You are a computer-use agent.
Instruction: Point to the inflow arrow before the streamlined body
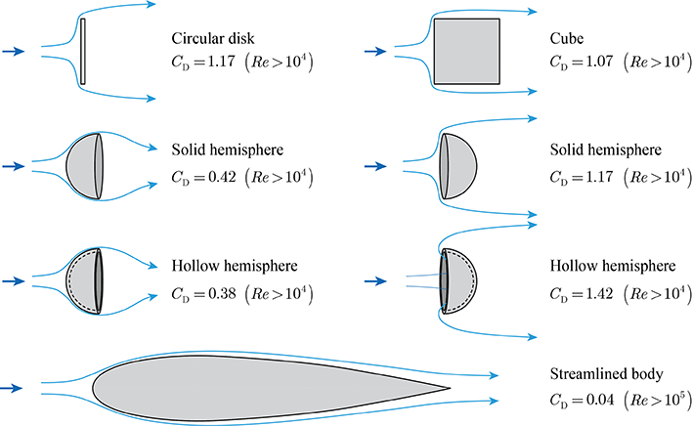pos(11,388)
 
